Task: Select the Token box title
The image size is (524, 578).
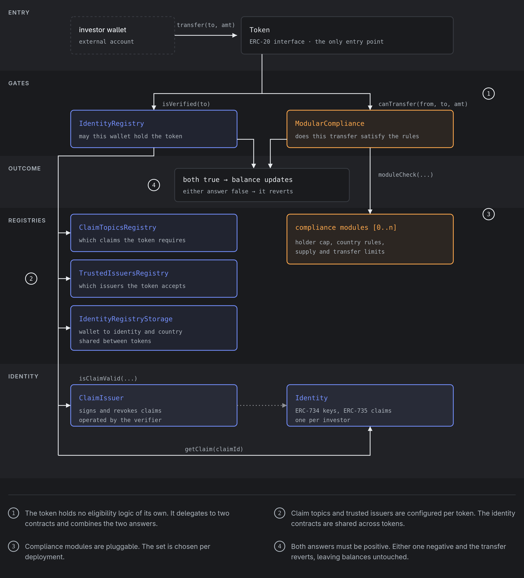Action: click(260, 30)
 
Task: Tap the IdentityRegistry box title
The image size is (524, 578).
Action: click(112, 124)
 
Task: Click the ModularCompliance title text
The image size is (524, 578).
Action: click(330, 124)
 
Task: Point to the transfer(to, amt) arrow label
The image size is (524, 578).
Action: click(206, 25)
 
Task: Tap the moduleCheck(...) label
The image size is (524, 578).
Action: click(405, 175)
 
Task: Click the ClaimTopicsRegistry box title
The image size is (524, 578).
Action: click(118, 227)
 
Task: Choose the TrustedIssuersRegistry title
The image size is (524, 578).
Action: click(124, 273)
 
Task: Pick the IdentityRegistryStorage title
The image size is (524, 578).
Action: click(126, 319)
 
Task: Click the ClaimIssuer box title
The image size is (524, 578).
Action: click(101, 398)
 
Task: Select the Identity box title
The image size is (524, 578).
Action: click(312, 398)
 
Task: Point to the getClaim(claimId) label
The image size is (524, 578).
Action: click(214, 449)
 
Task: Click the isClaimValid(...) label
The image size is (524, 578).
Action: click(108, 378)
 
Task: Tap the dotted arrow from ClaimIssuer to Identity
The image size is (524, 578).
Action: click(262, 405)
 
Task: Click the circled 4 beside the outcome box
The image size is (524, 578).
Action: click(154, 185)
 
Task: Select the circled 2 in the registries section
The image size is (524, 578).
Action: click(31, 279)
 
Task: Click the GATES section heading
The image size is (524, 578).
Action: click(19, 83)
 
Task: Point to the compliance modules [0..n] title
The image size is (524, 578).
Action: click(346, 227)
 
